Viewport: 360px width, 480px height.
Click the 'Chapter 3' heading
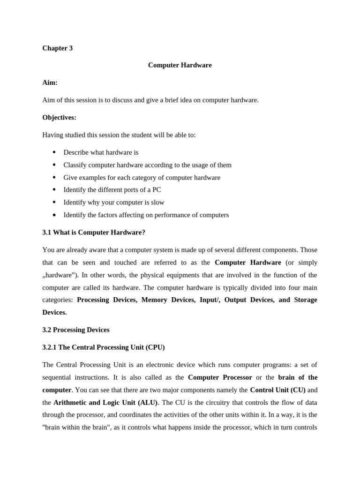pyautogui.click(x=57, y=48)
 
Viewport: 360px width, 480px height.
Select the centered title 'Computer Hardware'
pyautogui.click(x=180, y=65)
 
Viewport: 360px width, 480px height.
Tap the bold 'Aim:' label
pyautogui.click(x=50, y=82)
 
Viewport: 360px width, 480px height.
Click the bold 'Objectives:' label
pyautogui.click(x=59, y=117)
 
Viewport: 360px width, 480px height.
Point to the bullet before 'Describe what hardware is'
pyautogui.click(x=54, y=152)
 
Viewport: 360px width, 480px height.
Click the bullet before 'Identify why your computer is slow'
pyautogui.click(x=54, y=202)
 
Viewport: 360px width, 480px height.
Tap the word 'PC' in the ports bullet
pyautogui.click(x=156, y=190)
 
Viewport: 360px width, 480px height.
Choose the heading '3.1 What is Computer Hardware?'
pyautogui.click(x=94, y=232)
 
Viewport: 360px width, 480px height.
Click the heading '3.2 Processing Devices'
pyautogui.click(x=76, y=330)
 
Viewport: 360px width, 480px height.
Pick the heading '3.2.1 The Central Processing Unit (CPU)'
pyautogui.click(x=104, y=347)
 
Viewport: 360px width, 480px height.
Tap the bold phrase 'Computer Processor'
pyautogui.click(x=220, y=377)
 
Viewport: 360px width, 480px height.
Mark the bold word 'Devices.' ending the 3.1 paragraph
pyautogui.click(x=54, y=312)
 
